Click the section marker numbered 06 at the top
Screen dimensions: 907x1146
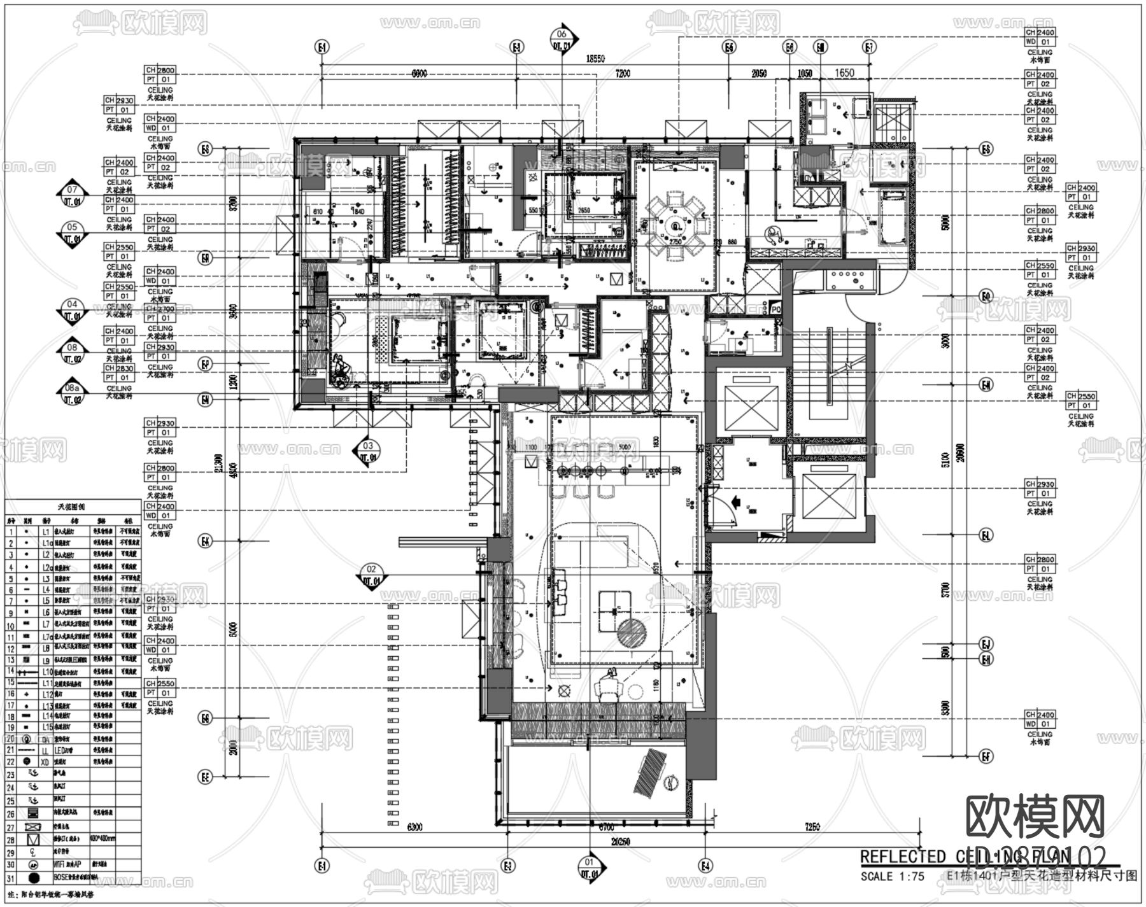(562, 39)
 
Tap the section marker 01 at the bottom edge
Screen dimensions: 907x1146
(589, 868)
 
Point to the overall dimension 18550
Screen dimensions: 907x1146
(595, 59)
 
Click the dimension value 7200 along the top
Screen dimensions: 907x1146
(622, 74)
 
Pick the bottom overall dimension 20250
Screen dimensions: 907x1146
(619, 841)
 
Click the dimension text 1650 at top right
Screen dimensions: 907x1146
(844, 73)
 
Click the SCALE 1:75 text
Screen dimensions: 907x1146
(892, 876)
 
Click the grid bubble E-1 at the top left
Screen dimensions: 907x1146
(322, 47)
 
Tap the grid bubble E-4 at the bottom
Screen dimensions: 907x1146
(705, 866)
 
